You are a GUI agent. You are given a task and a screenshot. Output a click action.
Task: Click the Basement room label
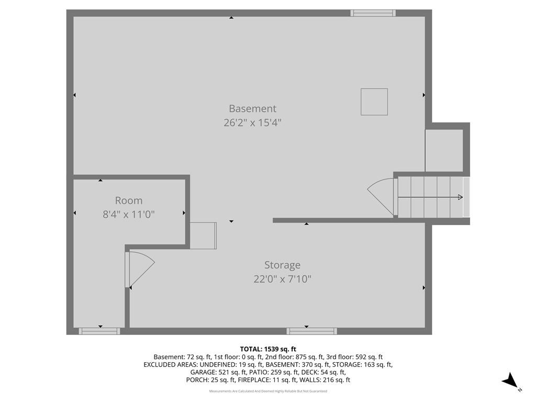click(253, 108)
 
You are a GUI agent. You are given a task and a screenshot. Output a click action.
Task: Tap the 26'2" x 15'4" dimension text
click(253, 122)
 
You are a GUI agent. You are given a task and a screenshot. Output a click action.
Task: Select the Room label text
click(129, 200)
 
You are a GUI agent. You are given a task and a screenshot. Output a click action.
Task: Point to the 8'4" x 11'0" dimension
click(129, 214)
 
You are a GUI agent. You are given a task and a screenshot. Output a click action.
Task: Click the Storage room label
click(282, 265)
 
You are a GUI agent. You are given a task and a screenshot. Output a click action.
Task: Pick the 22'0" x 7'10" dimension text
click(282, 280)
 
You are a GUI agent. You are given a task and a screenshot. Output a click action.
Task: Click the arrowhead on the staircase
click(461, 197)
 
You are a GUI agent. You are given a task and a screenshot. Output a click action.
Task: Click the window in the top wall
click(373, 13)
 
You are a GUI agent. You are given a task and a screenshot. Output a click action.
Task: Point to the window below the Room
click(99, 331)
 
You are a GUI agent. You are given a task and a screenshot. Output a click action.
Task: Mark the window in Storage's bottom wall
click(312, 331)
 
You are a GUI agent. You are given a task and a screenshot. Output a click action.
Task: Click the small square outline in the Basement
click(374, 102)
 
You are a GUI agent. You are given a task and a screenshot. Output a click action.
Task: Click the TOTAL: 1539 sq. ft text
click(268, 349)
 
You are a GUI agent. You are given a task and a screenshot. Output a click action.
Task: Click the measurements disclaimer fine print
click(268, 391)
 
